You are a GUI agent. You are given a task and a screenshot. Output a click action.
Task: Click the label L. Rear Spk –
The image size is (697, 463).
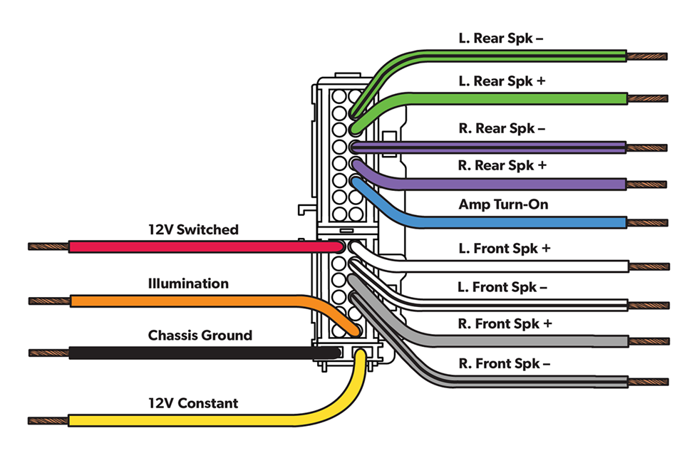coord(501,38)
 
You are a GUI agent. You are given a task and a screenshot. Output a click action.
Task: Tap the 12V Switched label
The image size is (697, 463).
coord(193,229)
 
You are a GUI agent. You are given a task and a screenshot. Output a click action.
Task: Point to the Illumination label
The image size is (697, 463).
coord(188,283)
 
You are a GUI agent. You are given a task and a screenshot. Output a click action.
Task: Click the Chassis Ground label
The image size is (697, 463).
coord(200,335)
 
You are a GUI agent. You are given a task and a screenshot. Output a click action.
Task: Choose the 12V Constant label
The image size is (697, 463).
coord(192,403)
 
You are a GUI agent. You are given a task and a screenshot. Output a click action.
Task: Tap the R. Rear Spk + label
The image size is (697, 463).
coord(502,165)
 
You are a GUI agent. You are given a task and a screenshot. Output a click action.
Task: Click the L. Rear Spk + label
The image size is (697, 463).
coord(502,81)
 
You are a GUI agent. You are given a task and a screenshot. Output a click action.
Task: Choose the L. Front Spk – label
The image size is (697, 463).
coord(502,288)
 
